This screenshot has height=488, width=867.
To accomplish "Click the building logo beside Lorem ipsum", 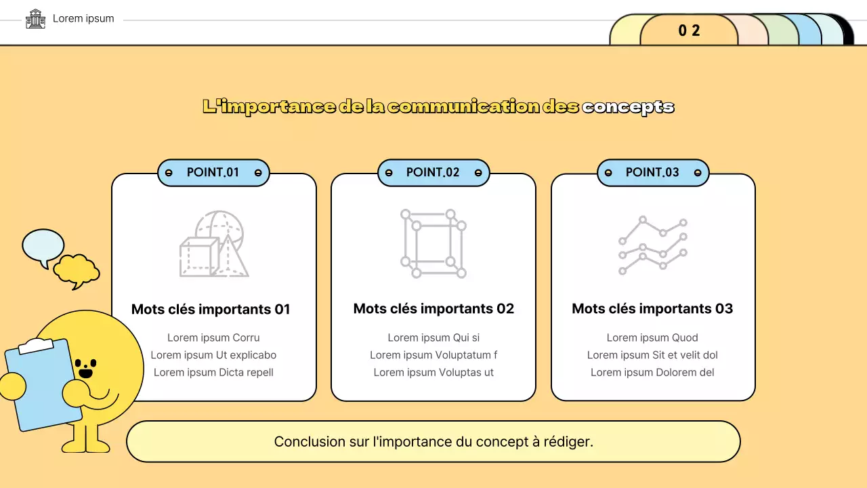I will [x=35, y=19].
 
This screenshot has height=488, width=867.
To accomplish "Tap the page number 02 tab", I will [x=689, y=30].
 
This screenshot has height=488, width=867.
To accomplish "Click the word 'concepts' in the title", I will [x=628, y=106].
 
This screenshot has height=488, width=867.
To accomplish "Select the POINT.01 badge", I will [x=213, y=172].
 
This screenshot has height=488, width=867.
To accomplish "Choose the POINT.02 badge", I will [x=433, y=172].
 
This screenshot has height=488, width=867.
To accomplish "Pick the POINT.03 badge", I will [x=652, y=172].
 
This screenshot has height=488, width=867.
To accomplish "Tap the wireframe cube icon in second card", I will [x=433, y=244].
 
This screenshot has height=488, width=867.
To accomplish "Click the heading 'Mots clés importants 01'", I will [x=211, y=309].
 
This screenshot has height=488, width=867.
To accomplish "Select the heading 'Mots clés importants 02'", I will [x=433, y=308].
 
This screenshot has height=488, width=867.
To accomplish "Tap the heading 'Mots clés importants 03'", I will [x=652, y=308].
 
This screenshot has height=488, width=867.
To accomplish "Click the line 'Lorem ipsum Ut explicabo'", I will [x=213, y=355].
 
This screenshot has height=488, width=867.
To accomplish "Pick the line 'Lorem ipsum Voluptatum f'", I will [x=433, y=355].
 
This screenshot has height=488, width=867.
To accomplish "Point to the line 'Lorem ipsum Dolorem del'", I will [x=652, y=372].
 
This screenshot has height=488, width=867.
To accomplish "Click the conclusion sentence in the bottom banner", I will [x=433, y=442].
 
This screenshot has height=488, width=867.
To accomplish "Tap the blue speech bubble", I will [x=43, y=246].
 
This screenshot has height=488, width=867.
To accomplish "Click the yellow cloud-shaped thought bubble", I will [x=76, y=269].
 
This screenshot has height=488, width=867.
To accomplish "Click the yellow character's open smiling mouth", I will [x=85, y=372].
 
